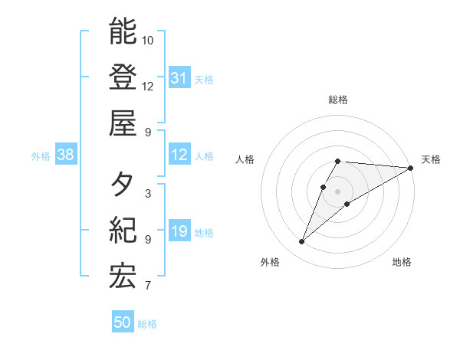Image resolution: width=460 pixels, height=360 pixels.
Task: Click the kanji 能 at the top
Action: [x=123, y=31]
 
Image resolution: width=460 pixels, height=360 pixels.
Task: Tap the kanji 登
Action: [x=123, y=77]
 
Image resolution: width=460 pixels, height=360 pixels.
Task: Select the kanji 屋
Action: [x=123, y=123]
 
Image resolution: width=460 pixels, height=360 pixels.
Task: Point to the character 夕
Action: [x=123, y=185]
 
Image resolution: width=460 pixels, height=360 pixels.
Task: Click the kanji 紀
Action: [x=123, y=231]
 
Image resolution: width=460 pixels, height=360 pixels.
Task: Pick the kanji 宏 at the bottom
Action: [x=123, y=277]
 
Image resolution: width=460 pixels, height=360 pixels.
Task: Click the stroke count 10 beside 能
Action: [x=148, y=40]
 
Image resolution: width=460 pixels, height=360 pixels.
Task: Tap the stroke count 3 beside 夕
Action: [x=147, y=194]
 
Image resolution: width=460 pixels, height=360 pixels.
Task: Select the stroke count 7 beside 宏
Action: [x=147, y=286]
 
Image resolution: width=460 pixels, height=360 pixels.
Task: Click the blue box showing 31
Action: [x=179, y=78]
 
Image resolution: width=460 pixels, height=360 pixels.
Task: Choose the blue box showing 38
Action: [x=65, y=155]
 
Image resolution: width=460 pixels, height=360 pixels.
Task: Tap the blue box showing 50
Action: [x=123, y=322]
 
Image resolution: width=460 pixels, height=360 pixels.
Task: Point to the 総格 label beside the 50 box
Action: [x=147, y=324]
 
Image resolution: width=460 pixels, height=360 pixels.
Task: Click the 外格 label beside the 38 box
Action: [x=41, y=156]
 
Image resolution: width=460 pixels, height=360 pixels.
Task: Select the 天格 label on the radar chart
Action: [x=431, y=159]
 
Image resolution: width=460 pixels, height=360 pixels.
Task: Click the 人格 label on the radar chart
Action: [x=245, y=159]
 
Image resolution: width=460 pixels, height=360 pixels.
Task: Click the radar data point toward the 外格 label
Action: [x=301, y=242]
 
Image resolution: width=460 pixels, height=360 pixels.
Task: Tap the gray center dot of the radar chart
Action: [x=338, y=191]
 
